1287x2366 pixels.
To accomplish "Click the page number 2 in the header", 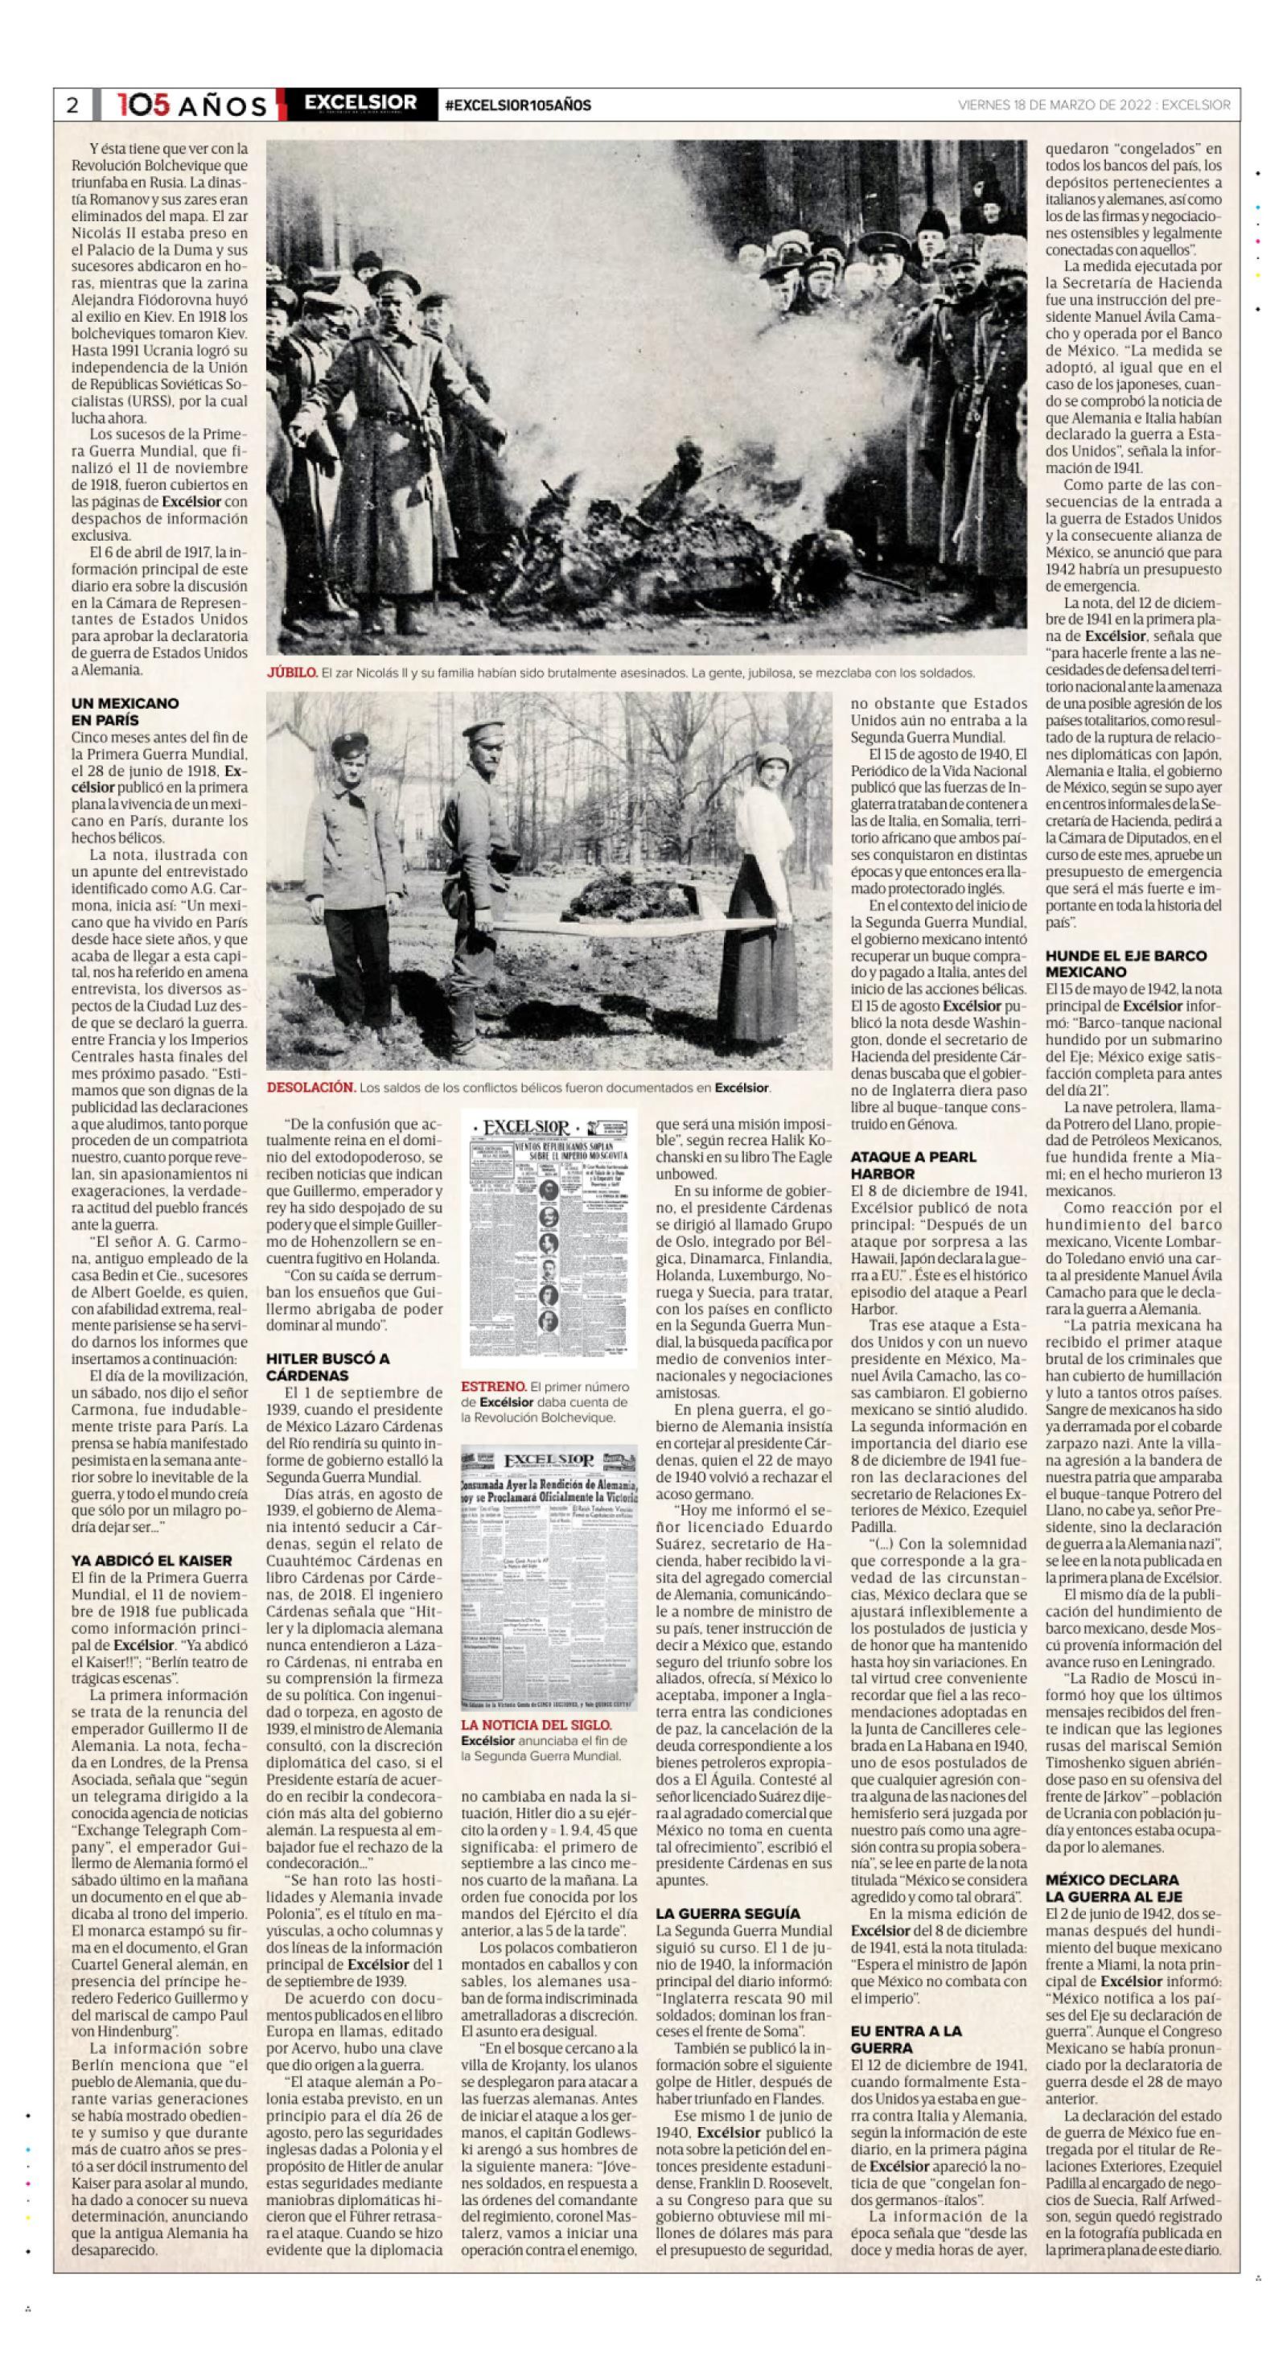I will click(72, 105).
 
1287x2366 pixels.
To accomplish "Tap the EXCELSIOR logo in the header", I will click(360, 103).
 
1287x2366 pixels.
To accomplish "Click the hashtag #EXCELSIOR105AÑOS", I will click(517, 105).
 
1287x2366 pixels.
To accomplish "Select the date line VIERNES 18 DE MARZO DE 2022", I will click(1054, 105).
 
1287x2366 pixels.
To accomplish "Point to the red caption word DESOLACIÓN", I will click(310, 1088).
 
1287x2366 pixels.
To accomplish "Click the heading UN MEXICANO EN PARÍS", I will click(125, 712).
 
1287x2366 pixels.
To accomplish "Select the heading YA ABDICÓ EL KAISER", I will click(151, 1561).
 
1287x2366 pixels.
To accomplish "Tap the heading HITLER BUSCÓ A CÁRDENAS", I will click(328, 1367).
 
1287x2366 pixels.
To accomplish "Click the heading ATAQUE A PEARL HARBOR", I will click(913, 1165).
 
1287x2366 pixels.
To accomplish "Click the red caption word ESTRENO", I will click(493, 1386).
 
